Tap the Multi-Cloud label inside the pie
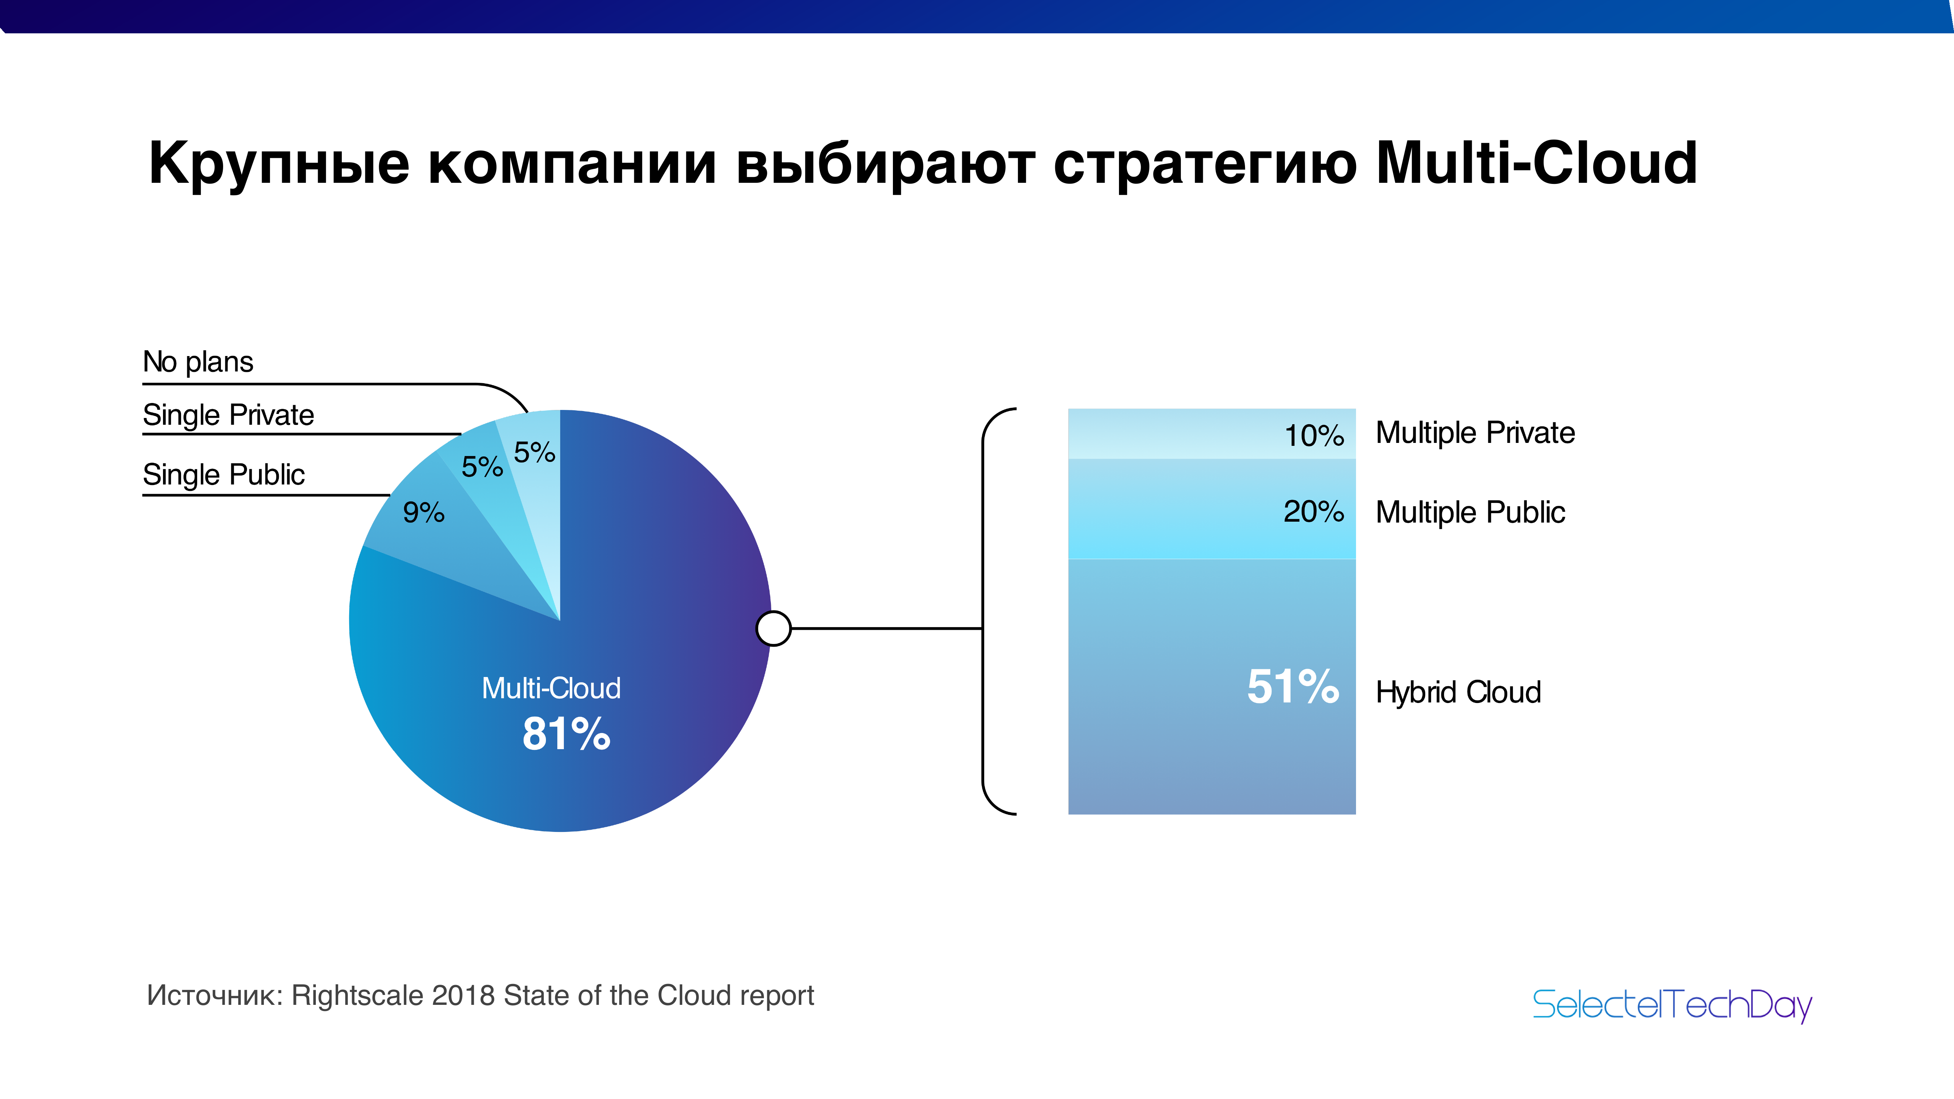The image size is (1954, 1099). (x=551, y=688)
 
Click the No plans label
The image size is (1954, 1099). (x=198, y=362)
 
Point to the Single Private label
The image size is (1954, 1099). (x=228, y=415)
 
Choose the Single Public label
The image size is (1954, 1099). (x=224, y=475)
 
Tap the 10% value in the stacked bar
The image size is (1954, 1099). (x=1314, y=435)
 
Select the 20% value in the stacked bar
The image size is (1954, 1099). (x=1314, y=511)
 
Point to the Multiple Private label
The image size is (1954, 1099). (x=1475, y=432)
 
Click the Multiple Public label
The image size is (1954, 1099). (x=1470, y=512)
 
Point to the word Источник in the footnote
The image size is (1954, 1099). (x=215, y=995)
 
